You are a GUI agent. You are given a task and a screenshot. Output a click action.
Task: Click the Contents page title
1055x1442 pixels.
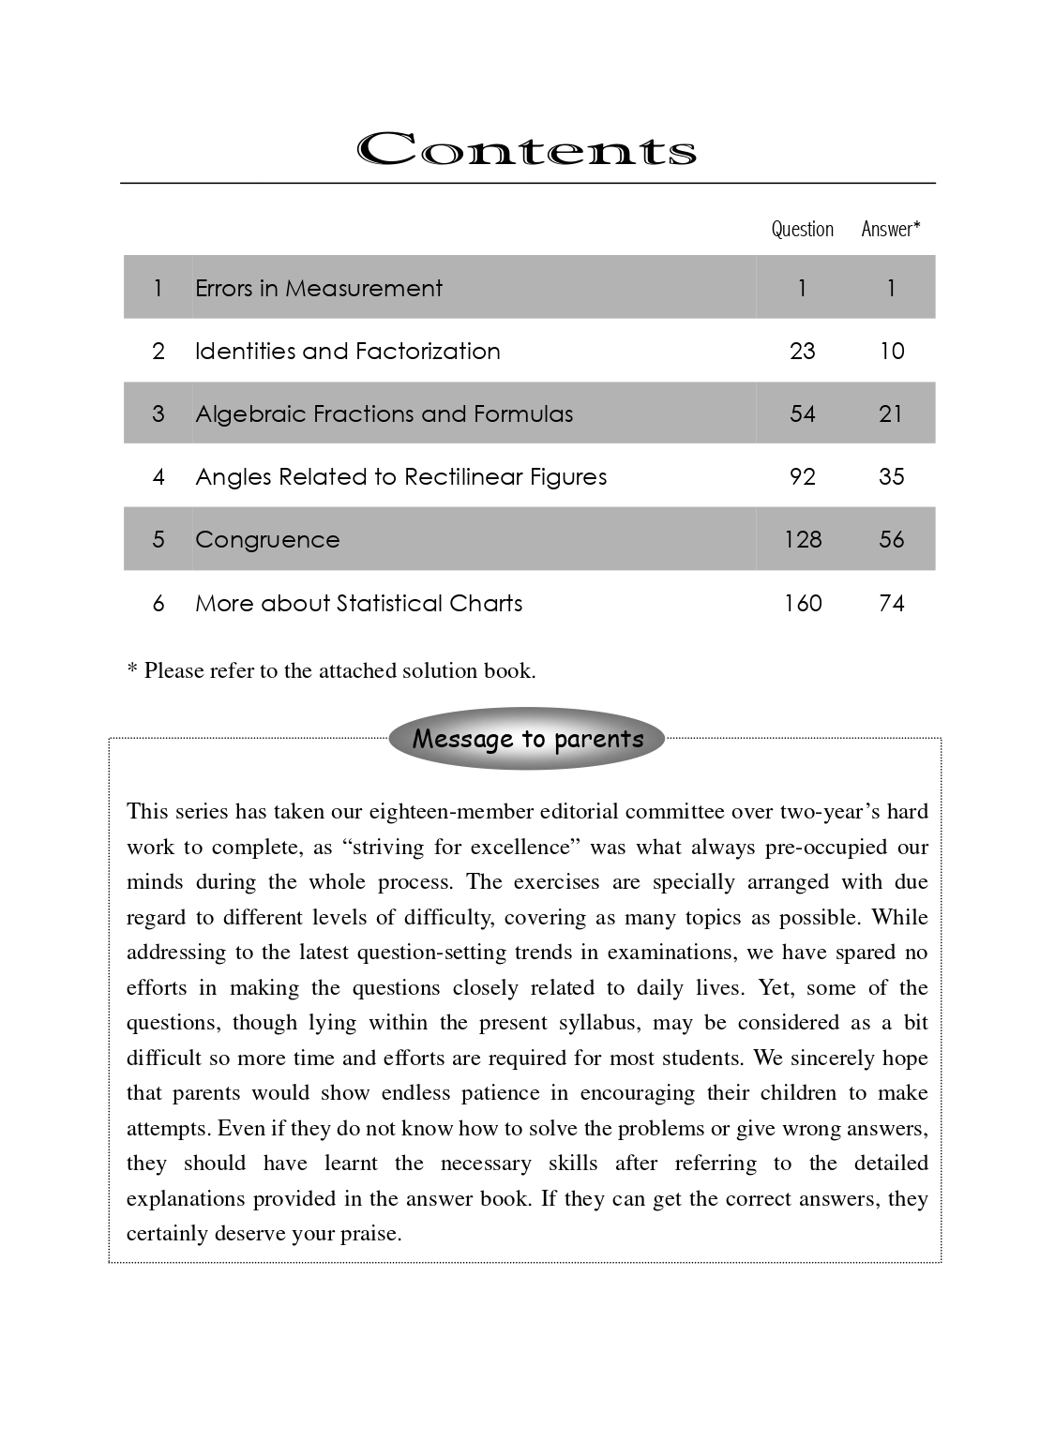pyautogui.click(x=526, y=150)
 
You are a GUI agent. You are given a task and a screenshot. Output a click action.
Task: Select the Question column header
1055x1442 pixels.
pyautogui.click(x=802, y=229)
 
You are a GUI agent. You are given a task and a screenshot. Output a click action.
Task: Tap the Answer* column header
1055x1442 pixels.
pyautogui.click(x=890, y=229)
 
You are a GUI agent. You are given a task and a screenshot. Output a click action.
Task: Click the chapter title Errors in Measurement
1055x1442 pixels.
pyautogui.click(x=318, y=288)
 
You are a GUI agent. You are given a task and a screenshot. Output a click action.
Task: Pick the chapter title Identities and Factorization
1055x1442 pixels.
pyautogui.click(x=347, y=351)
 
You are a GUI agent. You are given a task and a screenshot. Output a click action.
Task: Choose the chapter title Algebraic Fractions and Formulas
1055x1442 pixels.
pyautogui.click(x=384, y=413)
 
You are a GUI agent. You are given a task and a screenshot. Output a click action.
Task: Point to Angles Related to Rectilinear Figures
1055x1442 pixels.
pyautogui.click(x=400, y=476)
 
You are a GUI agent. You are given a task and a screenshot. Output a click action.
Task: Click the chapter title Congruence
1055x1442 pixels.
pyautogui.click(x=267, y=539)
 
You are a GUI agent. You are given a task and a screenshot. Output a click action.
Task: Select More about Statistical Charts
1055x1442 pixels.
pyautogui.click(x=358, y=603)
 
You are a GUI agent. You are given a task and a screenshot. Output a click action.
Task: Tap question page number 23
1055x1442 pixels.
pyautogui.click(x=803, y=351)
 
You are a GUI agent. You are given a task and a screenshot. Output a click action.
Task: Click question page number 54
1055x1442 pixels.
pyautogui.click(x=803, y=413)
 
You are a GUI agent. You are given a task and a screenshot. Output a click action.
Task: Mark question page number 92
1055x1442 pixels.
pyautogui.click(x=803, y=476)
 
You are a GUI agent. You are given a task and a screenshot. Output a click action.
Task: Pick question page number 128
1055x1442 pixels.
pyautogui.click(x=803, y=539)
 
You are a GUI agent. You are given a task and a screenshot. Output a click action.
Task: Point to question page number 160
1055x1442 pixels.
pyautogui.click(x=803, y=603)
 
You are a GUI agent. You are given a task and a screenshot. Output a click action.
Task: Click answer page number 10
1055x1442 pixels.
pyautogui.click(x=892, y=351)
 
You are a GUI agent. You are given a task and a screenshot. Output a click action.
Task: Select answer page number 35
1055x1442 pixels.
pyautogui.click(x=892, y=476)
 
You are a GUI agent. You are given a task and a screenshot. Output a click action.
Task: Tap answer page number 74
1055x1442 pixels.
pyautogui.click(x=892, y=603)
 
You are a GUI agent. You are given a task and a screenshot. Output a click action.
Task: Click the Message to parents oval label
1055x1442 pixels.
pyautogui.click(x=527, y=739)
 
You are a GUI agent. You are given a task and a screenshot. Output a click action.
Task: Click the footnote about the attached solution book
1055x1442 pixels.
pyautogui.click(x=331, y=670)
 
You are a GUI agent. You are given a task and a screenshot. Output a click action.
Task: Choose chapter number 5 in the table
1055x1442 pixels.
pyautogui.click(x=158, y=539)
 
